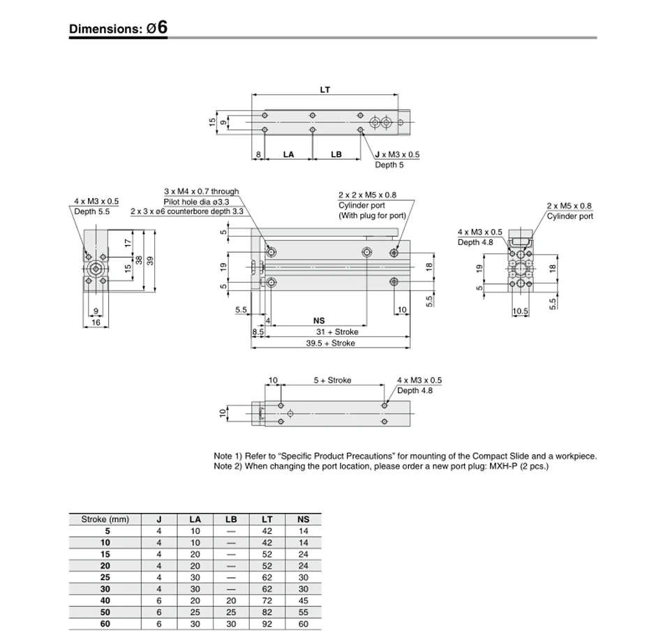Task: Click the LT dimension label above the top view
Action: [x=325, y=90]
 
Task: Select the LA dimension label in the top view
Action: [x=288, y=154]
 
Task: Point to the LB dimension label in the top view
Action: [x=336, y=154]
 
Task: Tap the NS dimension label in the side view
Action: [x=319, y=320]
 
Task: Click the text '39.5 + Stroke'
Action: [x=330, y=343]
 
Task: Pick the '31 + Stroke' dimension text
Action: [x=337, y=332]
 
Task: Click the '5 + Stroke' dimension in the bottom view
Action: [x=332, y=380]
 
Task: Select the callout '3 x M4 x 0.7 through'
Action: [x=201, y=191]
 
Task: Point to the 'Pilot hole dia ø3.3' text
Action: [x=196, y=202]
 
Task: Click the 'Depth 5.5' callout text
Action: [x=92, y=211]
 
